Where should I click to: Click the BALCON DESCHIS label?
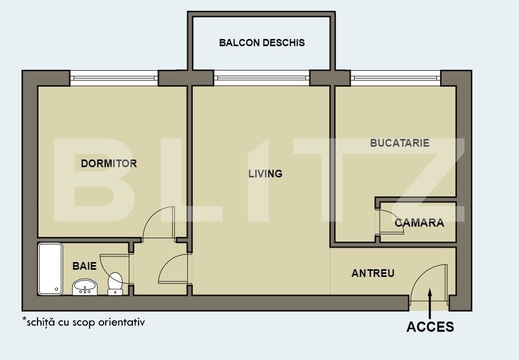tap(262, 43)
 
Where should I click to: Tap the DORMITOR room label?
tap(109, 164)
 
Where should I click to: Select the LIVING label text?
tap(266, 174)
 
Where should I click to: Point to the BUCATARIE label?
tap(400, 143)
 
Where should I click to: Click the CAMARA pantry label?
tap(420, 223)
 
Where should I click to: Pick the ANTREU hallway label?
tap(373, 273)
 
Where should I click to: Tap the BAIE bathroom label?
tap(85, 266)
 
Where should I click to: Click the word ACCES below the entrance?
tap(430, 327)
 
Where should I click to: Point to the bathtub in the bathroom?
tap(50, 269)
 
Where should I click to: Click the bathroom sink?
tap(85, 287)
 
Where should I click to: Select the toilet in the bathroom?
tap(115, 284)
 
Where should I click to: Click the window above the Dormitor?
tap(114, 78)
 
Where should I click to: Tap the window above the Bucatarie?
tap(395, 78)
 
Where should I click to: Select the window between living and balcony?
tap(262, 78)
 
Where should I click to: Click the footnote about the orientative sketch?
tap(84, 322)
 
